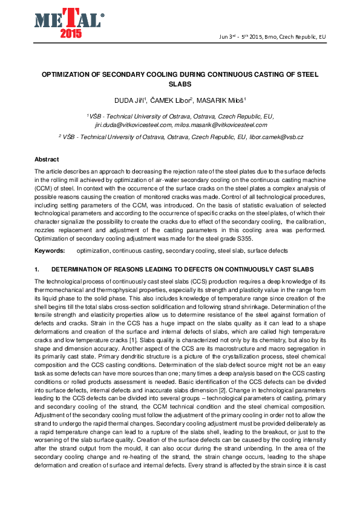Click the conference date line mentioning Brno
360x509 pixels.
272,37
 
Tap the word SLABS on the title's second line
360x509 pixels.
180,85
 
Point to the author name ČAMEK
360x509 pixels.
171,100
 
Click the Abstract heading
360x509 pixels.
47,159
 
